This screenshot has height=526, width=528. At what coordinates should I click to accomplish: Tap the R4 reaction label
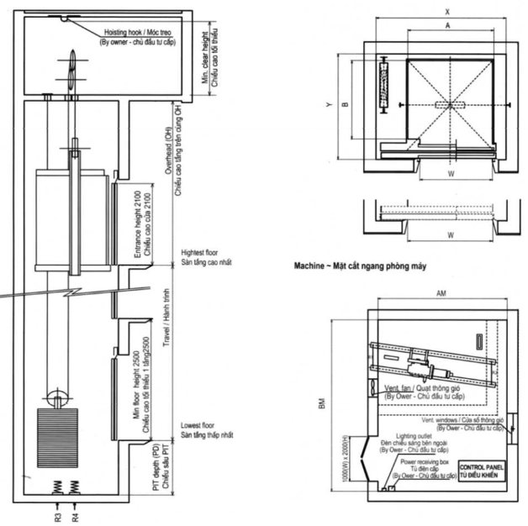(x=76, y=512)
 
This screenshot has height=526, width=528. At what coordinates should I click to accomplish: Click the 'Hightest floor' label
(x=200, y=252)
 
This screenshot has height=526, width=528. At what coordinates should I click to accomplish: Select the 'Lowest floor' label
(x=198, y=427)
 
